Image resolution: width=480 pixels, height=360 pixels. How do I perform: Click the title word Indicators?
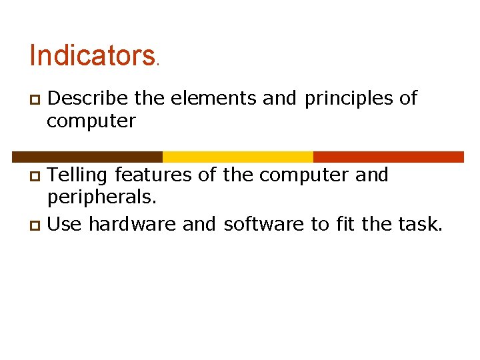point(92,56)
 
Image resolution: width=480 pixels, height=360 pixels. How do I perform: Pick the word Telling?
point(79,175)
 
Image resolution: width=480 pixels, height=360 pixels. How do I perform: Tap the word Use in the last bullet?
point(65,225)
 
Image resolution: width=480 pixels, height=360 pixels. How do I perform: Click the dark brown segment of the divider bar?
point(87,157)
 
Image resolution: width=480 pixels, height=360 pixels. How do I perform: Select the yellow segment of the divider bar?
point(238,157)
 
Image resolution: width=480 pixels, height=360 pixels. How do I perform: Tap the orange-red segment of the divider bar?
point(388,157)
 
